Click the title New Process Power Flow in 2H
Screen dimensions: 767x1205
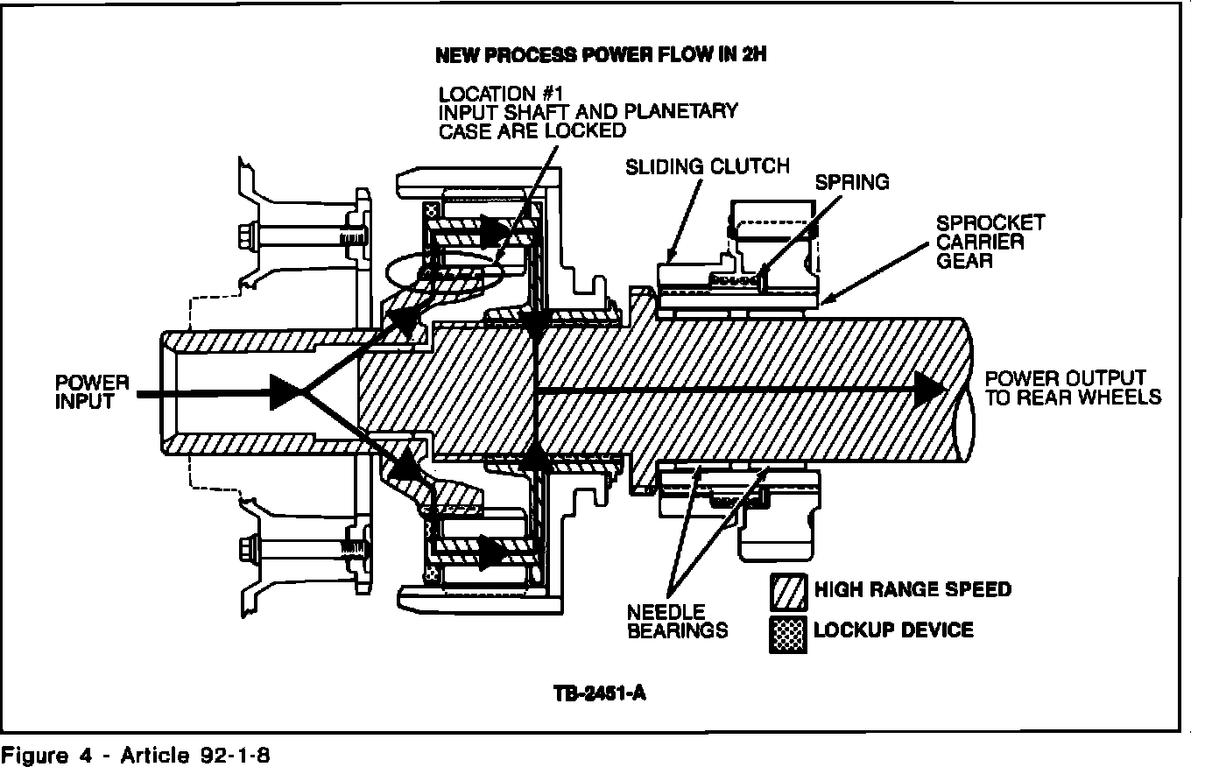coord(601,55)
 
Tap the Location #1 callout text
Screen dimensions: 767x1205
coord(587,112)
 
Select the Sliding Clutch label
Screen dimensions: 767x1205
coord(707,166)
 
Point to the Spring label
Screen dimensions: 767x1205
coord(851,182)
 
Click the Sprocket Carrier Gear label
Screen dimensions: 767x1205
coord(990,243)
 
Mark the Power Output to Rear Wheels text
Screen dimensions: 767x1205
coord(1073,388)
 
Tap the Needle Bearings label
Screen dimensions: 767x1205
coord(677,621)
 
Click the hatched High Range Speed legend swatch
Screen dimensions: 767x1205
coord(787,593)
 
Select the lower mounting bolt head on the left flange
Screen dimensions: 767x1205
coord(246,550)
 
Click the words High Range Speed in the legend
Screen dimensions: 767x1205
coord(912,589)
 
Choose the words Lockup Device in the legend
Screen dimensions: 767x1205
coord(892,630)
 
